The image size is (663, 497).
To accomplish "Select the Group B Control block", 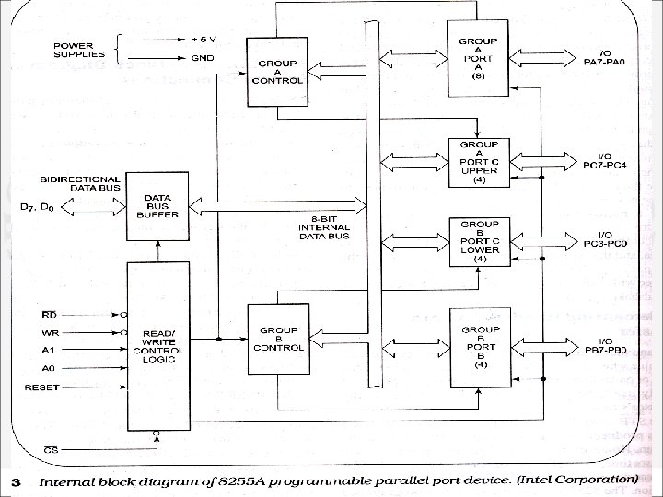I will tap(277, 339).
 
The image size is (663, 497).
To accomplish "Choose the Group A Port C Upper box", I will tap(479, 162).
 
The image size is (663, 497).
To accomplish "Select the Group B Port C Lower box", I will tap(479, 242).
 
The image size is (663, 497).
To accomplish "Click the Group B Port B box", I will tap(479, 348).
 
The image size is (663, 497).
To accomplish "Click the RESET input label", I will tap(41, 387).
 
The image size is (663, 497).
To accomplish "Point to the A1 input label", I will tap(48, 351).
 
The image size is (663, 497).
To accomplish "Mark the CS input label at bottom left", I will tap(51, 451).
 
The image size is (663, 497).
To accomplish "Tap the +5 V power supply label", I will tap(204, 40).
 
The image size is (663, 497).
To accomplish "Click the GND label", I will tap(203, 57).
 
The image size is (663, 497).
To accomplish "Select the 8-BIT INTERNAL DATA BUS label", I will tap(324, 227).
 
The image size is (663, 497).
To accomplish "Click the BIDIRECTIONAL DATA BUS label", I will tap(80, 183).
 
